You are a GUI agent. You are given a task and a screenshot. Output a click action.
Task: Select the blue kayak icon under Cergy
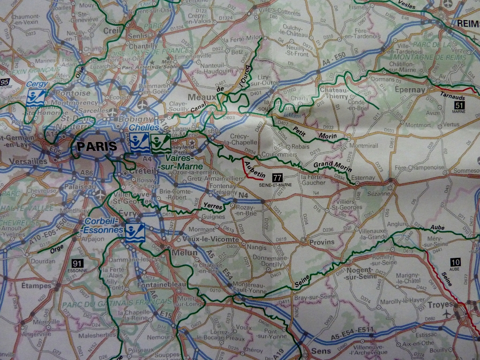click(x=35, y=97)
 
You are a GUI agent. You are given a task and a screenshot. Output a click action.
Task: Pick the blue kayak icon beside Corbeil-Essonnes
click(x=134, y=232)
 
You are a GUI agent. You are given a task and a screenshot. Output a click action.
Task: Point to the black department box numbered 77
click(x=277, y=177)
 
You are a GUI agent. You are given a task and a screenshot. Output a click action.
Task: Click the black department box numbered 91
click(x=78, y=263)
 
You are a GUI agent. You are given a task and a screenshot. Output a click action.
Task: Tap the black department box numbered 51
click(x=457, y=105)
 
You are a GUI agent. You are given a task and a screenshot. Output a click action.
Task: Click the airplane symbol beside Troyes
click(x=447, y=313)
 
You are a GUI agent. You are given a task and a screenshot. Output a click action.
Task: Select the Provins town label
click(x=322, y=242)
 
